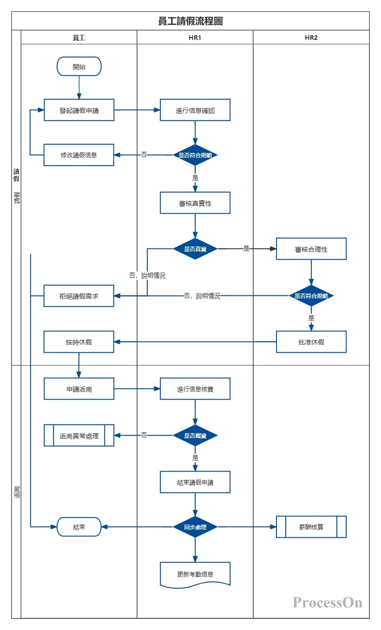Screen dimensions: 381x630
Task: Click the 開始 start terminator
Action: click(x=79, y=66)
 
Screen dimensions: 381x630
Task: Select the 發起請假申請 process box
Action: click(x=79, y=110)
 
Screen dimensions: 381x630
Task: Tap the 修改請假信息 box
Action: click(x=79, y=155)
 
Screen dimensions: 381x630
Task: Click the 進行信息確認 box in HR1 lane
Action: click(x=195, y=110)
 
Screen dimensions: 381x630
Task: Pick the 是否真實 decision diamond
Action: click(x=195, y=249)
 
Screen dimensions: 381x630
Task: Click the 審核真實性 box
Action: click(x=195, y=203)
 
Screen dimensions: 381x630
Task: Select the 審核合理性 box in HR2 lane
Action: click(x=311, y=249)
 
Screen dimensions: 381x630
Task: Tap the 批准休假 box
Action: click(x=311, y=342)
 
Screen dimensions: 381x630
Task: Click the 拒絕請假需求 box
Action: click(x=79, y=296)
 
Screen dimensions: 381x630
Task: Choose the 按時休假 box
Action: click(x=79, y=342)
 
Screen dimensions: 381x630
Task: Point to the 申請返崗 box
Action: click(x=79, y=389)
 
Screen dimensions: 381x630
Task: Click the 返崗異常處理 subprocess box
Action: click(x=79, y=435)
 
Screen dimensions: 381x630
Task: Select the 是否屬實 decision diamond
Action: click(x=195, y=435)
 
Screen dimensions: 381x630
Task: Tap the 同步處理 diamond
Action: click(x=195, y=527)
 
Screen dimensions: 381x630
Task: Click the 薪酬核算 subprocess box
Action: click(x=311, y=527)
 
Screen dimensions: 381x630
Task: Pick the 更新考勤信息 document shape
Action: click(x=195, y=575)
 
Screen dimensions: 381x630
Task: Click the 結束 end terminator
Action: click(x=79, y=527)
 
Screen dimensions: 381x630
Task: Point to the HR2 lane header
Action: click(x=311, y=38)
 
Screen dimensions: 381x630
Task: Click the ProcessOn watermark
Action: click(x=327, y=603)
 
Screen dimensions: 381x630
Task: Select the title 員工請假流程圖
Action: click(x=190, y=21)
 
